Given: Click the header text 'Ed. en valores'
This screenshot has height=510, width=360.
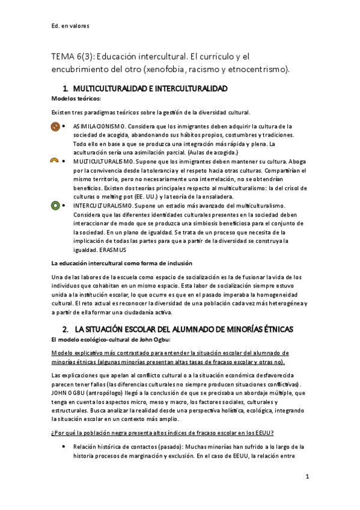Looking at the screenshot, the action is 72,26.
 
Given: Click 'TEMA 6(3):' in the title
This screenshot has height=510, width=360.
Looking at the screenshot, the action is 74,57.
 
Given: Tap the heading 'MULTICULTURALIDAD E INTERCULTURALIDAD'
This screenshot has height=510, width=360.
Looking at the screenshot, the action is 149,89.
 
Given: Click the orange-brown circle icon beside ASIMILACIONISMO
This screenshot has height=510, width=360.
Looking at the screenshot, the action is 54,127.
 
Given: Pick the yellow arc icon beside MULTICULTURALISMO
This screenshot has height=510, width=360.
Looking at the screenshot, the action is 54,161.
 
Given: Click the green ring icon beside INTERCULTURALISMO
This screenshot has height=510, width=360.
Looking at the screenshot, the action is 54,205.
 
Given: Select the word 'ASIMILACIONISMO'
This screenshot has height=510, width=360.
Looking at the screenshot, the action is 100,127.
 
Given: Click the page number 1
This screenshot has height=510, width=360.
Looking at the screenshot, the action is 307,477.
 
